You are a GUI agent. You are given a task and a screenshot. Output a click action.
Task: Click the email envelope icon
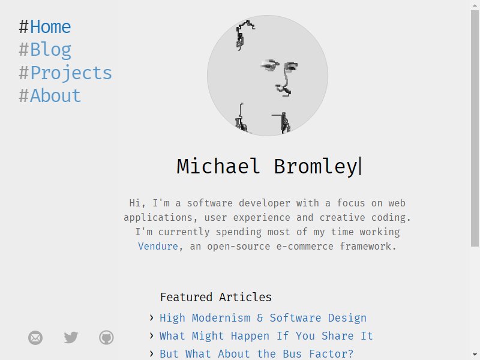pyautogui.click(x=35, y=338)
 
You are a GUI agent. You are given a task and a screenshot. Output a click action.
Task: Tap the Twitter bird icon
pyautogui.click(x=71, y=338)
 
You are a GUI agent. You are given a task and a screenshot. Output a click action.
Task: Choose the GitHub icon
pyautogui.click(x=107, y=338)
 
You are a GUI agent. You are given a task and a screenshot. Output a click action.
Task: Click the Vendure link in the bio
pyautogui.click(x=158, y=246)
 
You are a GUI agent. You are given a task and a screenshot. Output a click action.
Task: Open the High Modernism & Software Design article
pyautogui.click(x=263, y=318)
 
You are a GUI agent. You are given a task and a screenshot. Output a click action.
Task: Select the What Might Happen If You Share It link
pyautogui.click(x=266, y=336)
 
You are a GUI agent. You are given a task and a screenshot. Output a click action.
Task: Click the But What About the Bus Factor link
pyautogui.click(x=257, y=354)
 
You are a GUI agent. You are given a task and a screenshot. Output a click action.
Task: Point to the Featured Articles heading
pyautogui.click(x=216, y=297)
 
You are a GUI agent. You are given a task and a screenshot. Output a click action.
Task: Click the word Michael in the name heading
pyautogui.click(x=218, y=166)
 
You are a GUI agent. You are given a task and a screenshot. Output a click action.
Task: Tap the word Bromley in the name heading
pyautogui.click(x=316, y=167)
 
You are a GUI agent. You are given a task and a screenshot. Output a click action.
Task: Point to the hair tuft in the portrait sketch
pyautogui.click(x=244, y=34)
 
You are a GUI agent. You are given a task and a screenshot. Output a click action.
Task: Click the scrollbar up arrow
pyautogui.click(x=475, y=5)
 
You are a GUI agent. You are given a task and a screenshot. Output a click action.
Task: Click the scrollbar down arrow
pyautogui.click(x=475, y=355)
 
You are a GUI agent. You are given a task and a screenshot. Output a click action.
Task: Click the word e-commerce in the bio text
pyautogui.click(x=305, y=246)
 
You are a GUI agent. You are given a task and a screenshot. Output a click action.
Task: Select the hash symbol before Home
pyautogui.click(x=23, y=27)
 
